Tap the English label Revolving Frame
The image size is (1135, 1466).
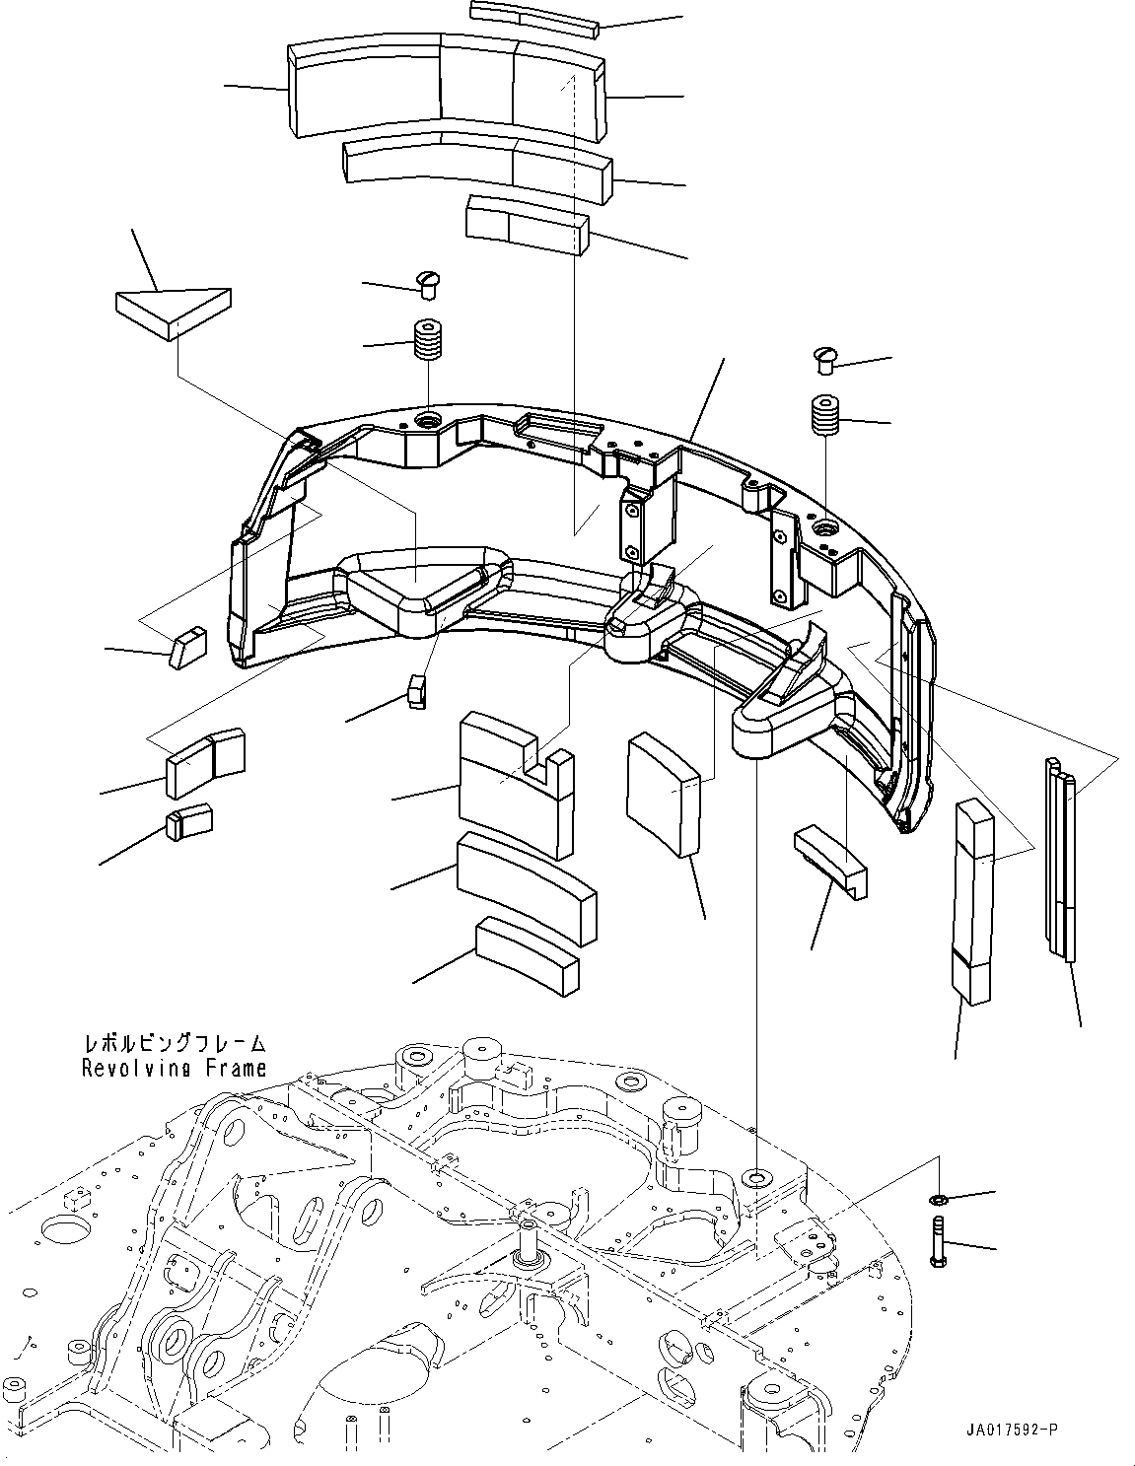pos(174,1068)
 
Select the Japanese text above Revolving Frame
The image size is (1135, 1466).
pos(174,1043)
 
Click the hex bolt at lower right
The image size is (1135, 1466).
pos(937,1241)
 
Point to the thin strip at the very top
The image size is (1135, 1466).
pos(534,18)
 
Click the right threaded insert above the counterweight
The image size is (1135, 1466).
pos(826,414)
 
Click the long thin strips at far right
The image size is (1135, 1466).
pos(1060,858)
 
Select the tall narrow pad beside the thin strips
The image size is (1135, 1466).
pos(974,901)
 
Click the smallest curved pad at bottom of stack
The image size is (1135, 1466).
pos(527,954)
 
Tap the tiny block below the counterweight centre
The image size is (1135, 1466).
pos(415,690)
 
